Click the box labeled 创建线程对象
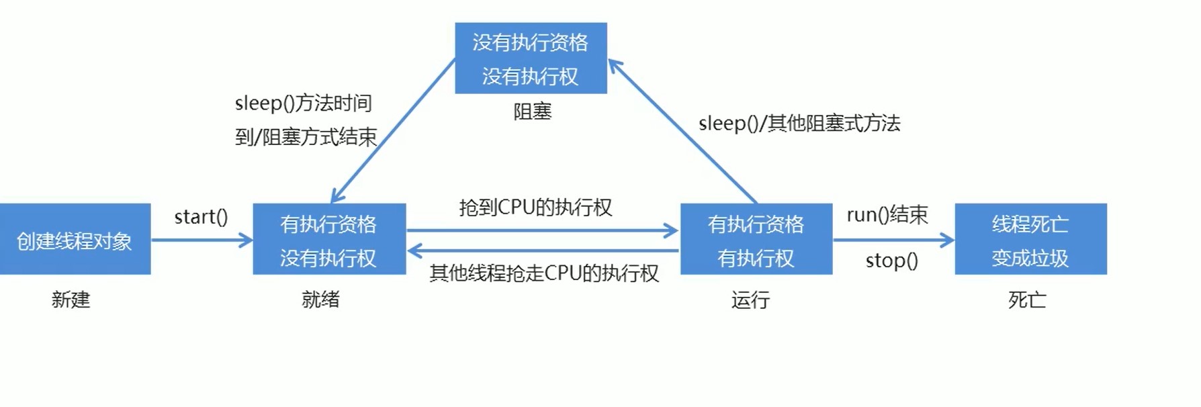[75, 239]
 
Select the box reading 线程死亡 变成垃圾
[1030, 239]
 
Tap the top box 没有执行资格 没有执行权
[531, 58]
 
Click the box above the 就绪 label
[329, 239]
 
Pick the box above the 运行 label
[756, 239]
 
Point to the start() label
[201, 217]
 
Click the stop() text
[891, 261]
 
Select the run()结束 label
[887, 215]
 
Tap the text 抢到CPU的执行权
[535, 208]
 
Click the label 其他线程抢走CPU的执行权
[544, 273]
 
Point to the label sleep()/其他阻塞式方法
[799, 124]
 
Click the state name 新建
[71, 300]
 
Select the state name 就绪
[320, 300]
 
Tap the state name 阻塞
[532, 111]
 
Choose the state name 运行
[750, 300]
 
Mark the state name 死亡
[1027, 300]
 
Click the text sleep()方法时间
[304, 103]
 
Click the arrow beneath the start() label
[202, 240]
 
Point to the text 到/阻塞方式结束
[306, 137]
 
